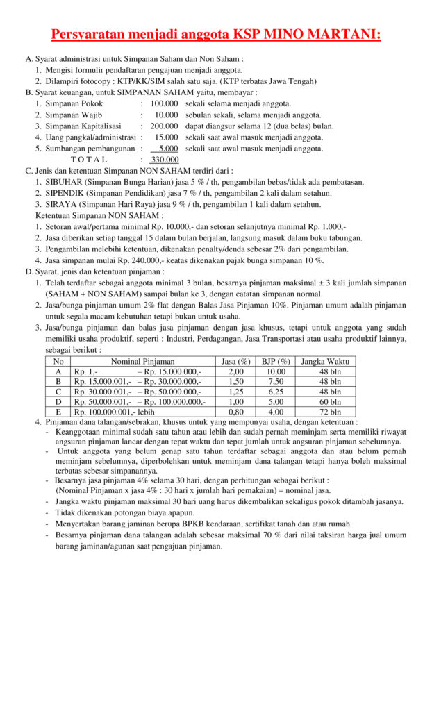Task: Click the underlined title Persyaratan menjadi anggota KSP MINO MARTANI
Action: (x=216, y=34)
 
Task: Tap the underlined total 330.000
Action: (x=165, y=159)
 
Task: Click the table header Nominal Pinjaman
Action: (x=142, y=361)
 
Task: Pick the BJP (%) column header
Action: (x=276, y=361)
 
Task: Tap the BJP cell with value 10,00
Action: (x=276, y=371)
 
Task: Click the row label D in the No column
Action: (x=58, y=401)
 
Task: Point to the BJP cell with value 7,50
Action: (x=276, y=381)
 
